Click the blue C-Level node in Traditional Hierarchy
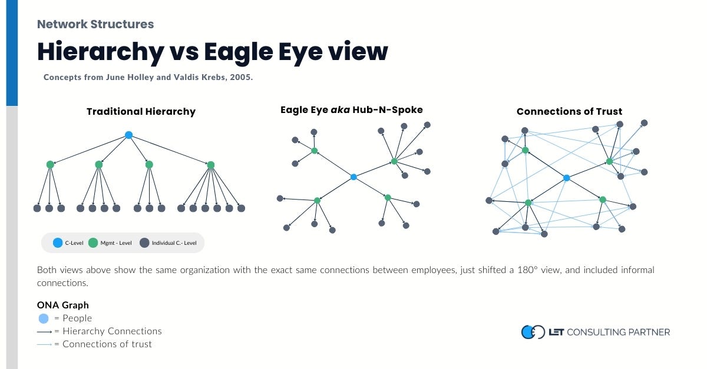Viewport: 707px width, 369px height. pos(128,135)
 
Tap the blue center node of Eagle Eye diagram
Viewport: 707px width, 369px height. pos(353,177)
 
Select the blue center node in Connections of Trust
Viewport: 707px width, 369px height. pos(566,178)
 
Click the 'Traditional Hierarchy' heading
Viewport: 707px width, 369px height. pos(141,111)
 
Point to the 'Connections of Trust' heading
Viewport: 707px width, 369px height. pos(569,111)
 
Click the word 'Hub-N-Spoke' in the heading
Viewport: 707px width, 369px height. pos(393,109)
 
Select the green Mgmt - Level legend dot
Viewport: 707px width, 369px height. pos(92,242)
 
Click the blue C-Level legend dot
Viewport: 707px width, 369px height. pos(57,242)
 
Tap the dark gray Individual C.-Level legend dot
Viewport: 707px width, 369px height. pos(144,242)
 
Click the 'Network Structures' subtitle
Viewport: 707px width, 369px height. pos(95,24)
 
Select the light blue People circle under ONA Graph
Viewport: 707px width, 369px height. pos(44,318)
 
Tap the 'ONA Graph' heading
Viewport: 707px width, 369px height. pos(63,305)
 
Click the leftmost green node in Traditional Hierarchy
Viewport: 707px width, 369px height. pos(50,165)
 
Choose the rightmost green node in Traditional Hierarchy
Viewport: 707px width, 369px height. pos(211,165)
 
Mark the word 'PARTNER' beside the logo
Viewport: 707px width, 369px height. pos(648,332)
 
